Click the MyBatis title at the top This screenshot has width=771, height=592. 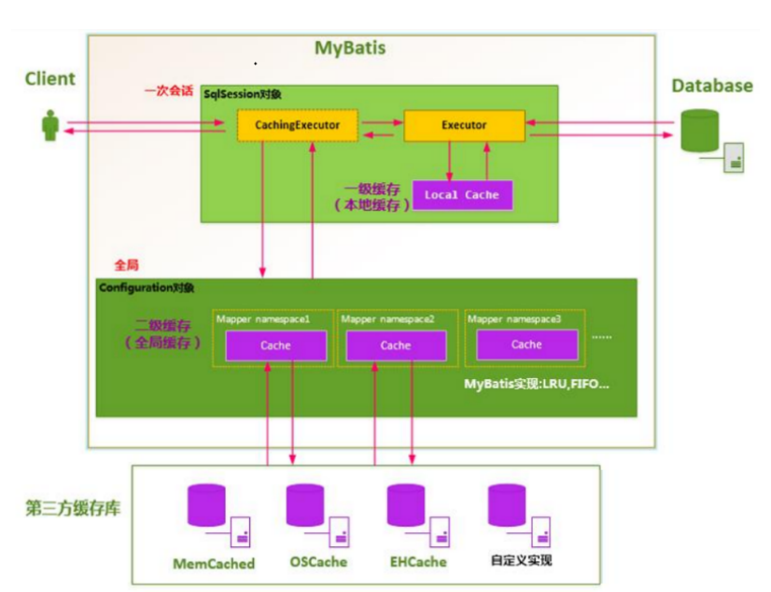350,49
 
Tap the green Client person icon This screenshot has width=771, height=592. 50,125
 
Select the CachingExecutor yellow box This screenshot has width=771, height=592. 298,125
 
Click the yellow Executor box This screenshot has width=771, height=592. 464,125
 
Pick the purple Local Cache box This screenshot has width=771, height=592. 462,195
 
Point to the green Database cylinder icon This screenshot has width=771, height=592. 699,131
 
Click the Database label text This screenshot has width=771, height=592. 712,86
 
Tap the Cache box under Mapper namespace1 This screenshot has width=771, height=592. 276,345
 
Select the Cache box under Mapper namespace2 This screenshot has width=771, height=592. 397,345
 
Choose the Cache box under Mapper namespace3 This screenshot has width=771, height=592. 527,345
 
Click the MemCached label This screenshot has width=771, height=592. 214,563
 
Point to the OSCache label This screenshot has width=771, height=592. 318,562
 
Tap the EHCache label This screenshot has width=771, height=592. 418,562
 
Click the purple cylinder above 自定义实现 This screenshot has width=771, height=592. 507,505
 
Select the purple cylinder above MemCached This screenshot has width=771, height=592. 206,505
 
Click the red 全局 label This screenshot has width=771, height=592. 126,265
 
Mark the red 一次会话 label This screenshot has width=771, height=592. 169,91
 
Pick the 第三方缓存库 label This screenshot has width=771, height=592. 73,508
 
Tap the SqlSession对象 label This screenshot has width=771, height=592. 243,94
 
